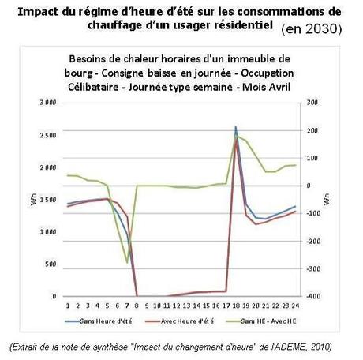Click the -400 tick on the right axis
(x=313, y=297)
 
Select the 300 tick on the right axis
(x=312, y=103)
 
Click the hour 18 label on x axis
(x=236, y=304)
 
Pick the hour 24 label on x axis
(x=294, y=304)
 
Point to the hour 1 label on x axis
(x=68, y=304)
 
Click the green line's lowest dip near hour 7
(x=127, y=263)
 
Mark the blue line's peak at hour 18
(x=235, y=126)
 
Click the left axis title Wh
(x=33, y=200)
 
